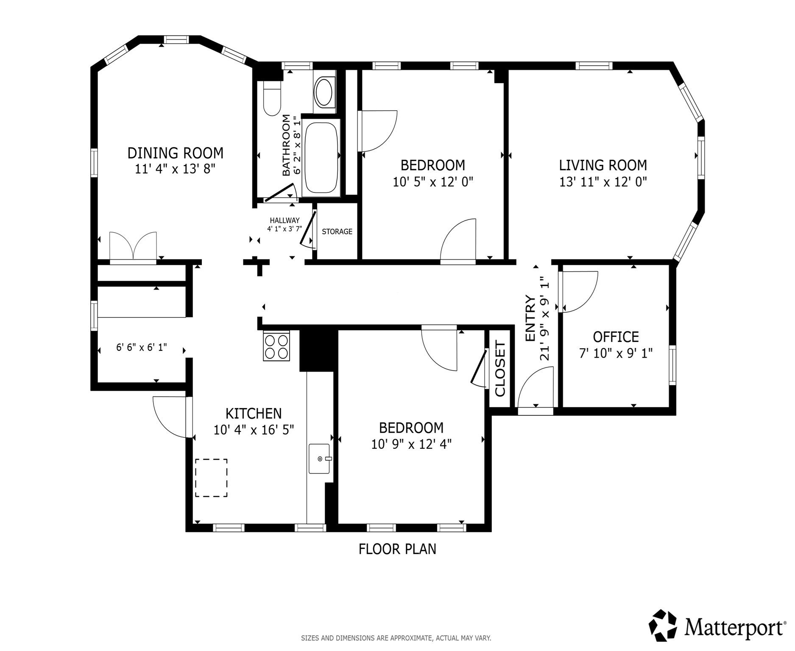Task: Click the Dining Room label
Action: pos(175,153)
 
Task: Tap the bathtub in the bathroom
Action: pos(321,157)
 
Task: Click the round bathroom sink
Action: pos(324,92)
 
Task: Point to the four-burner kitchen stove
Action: pos(276,346)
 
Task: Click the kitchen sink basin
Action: pos(319,459)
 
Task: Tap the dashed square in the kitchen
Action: pos(211,478)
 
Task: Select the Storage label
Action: pos(337,231)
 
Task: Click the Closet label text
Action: pos(500,369)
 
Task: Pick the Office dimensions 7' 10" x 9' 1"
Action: pos(616,353)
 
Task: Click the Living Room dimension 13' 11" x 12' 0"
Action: pos(603,182)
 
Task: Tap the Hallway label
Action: pos(285,220)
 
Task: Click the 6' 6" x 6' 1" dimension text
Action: pos(142,347)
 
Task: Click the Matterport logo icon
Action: pos(664,626)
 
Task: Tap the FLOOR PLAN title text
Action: pos(397,549)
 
